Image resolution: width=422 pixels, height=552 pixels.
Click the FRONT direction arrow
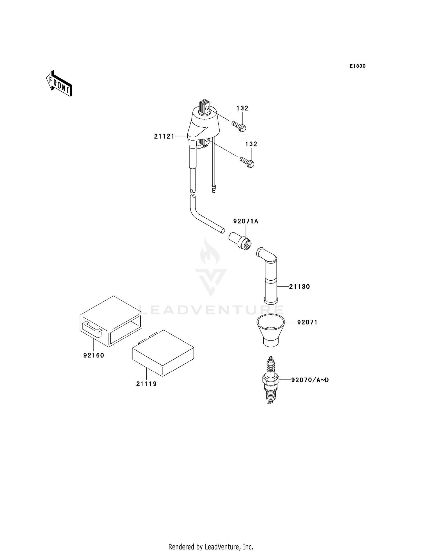59,84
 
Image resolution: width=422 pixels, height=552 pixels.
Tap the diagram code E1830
358,66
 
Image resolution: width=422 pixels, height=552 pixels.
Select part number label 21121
164,136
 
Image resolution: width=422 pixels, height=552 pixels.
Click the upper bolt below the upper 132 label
239,126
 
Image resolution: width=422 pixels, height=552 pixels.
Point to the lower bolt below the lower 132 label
247,162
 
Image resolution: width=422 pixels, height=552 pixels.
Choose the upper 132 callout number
242,108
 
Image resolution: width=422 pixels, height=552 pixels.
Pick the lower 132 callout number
251,144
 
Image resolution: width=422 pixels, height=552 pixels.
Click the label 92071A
246,221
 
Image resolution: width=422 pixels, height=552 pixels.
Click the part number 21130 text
299,287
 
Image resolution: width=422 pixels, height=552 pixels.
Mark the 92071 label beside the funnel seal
307,322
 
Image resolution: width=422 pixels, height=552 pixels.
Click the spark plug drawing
270,380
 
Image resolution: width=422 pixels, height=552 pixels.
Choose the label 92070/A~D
310,380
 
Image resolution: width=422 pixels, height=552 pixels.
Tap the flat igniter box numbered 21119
163,353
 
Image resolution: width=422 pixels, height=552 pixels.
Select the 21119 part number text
146,384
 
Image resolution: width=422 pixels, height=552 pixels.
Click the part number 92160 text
94,355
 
